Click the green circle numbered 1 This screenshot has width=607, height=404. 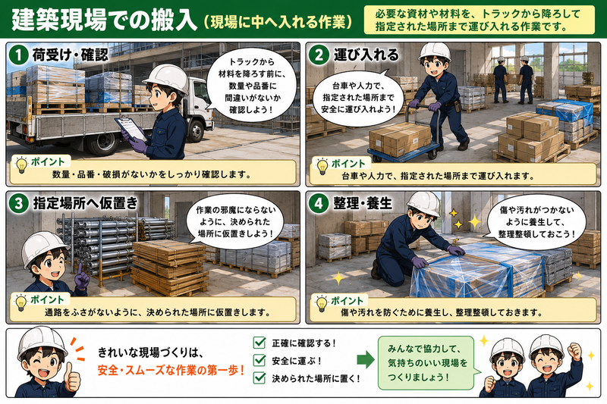[18, 55]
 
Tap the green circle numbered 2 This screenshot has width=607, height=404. [319, 55]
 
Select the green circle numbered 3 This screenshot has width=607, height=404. [18, 203]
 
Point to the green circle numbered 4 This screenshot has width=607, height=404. [319, 203]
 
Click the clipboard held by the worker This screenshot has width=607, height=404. [130, 128]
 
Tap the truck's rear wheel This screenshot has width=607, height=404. [103, 142]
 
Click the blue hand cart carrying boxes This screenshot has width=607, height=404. [403, 140]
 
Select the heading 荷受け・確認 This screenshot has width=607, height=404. [70, 55]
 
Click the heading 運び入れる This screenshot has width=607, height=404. [366, 55]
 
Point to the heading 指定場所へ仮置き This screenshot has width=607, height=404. [85, 203]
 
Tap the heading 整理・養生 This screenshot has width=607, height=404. [363, 203]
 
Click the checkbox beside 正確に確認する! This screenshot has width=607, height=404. [259, 343]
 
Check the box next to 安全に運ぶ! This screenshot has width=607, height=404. [259, 360]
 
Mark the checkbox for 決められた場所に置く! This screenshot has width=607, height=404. [259, 377]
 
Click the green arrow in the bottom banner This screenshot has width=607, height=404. [366, 359]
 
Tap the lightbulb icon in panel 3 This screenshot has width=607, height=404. [20, 302]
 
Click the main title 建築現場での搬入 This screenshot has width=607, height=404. [104, 20]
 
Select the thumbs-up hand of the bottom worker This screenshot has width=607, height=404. [72, 377]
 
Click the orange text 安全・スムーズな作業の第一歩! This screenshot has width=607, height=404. [171, 371]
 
